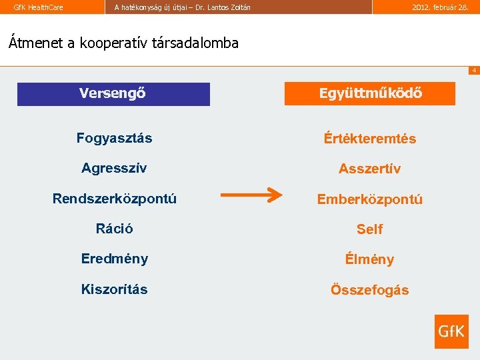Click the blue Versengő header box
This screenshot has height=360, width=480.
click(113, 94)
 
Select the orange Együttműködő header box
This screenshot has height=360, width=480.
click(370, 94)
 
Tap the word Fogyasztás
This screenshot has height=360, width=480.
click(114, 138)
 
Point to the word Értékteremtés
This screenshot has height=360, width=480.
click(369, 139)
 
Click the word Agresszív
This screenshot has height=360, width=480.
click(114, 168)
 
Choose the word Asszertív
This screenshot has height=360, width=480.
click(369, 169)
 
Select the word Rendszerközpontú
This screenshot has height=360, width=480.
click(115, 198)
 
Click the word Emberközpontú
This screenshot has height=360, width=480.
click(369, 199)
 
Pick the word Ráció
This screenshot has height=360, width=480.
click(114, 229)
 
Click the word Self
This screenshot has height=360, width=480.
click(369, 229)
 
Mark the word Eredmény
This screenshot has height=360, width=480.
click(115, 259)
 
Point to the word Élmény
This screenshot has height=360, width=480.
click(369, 259)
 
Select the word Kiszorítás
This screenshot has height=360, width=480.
click(115, 289)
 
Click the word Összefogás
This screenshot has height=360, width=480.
click(369, 290)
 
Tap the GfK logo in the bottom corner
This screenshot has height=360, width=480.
click(451, 331)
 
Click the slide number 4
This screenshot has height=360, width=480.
click(473, 71)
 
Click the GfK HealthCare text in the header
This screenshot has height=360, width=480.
click(39, 7)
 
